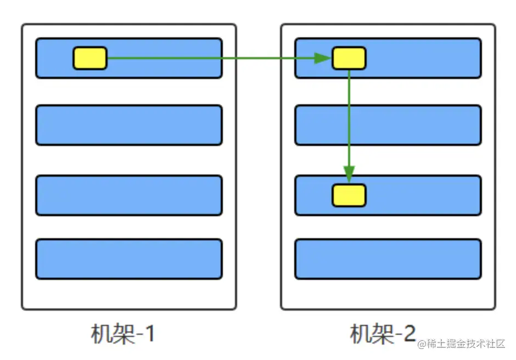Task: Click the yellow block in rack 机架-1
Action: click(90, 58)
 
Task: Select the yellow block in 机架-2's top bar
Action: click(349, 58)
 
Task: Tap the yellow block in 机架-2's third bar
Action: click(349, 195)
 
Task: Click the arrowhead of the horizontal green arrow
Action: click(322, 58)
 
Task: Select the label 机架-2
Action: click(383, 334)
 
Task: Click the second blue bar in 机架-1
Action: click(129, 125)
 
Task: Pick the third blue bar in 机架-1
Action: click(129, 195)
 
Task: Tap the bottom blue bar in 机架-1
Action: click(129, 259)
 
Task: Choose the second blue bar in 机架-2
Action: click(388, 125)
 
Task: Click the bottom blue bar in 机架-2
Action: click(388, 259)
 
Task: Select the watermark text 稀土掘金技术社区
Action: click(465, 344)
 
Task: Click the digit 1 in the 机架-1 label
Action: click(149, 334)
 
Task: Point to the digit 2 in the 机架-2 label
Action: click(408, 334)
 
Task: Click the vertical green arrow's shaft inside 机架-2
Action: click(349, 121)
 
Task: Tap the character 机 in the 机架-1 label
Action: click(100, 334)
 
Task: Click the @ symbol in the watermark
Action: click(422, 345)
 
